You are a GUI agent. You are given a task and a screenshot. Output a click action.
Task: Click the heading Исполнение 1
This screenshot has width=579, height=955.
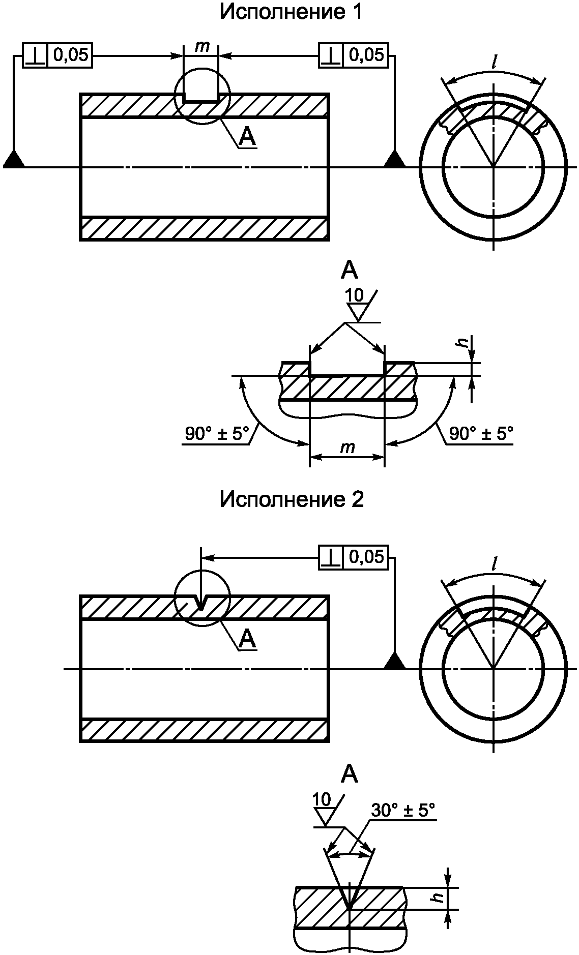pos(291,13)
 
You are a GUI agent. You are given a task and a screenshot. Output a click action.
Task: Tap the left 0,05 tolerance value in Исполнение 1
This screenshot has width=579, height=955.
pos(71,54)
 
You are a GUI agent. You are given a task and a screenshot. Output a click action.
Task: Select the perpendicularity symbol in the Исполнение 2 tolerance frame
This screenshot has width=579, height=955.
pos(331,557)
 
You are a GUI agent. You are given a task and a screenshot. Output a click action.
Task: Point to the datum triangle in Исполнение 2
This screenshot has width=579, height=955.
pos(395,661)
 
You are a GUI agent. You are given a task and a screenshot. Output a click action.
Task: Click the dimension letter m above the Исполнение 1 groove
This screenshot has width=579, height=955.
pos(202,46)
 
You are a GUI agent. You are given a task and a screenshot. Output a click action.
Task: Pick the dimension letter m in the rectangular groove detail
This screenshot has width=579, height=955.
pos(348,447)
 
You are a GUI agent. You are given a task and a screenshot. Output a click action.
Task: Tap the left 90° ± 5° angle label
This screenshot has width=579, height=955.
pos(217,434)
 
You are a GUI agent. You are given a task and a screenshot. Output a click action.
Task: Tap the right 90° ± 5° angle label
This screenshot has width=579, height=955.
pos(481,434)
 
